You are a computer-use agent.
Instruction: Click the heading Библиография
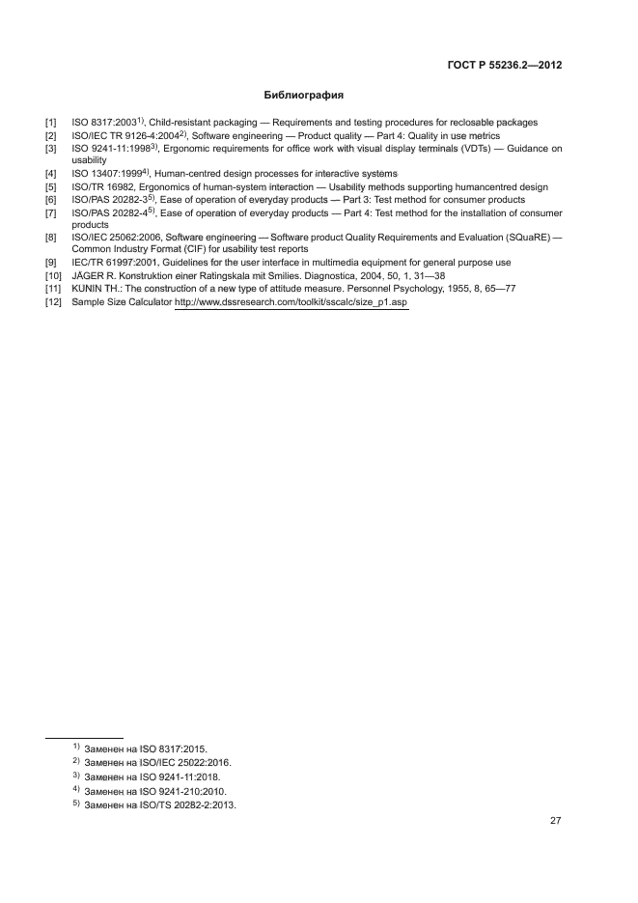point(304,96)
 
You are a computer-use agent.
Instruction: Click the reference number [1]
point(51,122)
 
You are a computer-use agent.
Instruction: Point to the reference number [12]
point(54,302)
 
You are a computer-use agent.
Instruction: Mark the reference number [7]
point(51,212)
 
